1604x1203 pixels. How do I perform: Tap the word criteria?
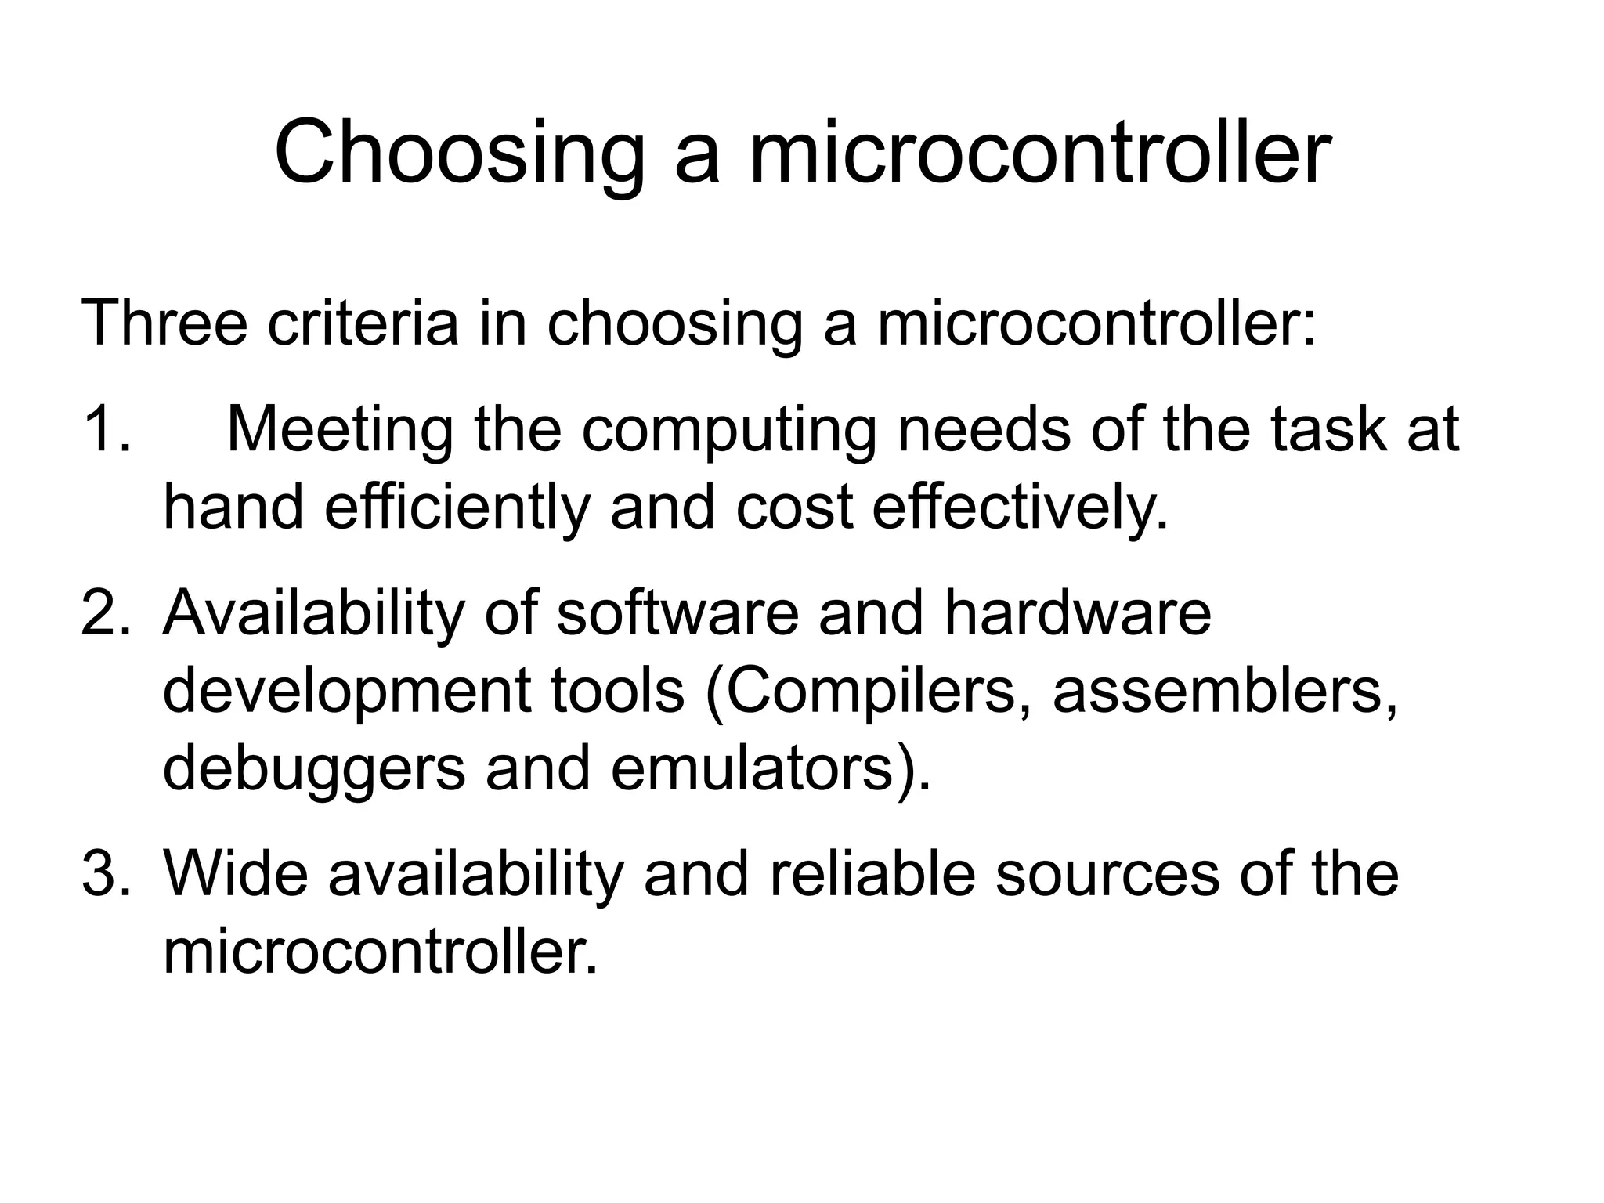point(363,322)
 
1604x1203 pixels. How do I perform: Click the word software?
point(677,612)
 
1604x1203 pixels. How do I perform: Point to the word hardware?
point(1077,612)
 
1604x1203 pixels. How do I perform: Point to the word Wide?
point(235,874)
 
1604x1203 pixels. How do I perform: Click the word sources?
point(1107,876)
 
